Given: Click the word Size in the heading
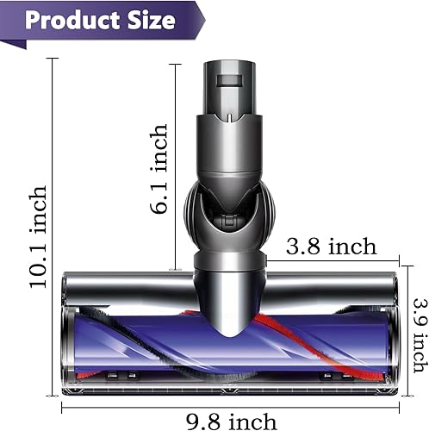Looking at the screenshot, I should tap(152, 20).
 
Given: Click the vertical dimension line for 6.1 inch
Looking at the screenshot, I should tap(176, 164).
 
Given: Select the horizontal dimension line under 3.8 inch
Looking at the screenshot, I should tap(332, 259).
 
